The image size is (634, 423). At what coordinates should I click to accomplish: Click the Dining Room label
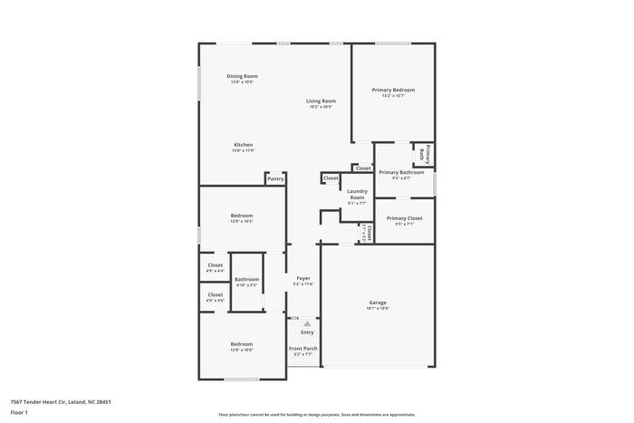click(x=242, y=76)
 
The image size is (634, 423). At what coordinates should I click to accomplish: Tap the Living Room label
click(x=320, y=101)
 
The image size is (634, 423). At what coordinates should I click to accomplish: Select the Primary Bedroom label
click(x=393, y=90)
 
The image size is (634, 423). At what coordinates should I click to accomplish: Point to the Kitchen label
click(x=243, y=145)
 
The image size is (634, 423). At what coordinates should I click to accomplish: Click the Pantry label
click(x=275, y=178)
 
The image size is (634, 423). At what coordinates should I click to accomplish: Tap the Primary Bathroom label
click(x=401, y=172)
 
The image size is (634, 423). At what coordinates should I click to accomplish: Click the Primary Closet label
click(x=405, y=218)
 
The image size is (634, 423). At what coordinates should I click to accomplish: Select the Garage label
click(x=378, y=302)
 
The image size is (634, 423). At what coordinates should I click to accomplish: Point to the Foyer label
click(x=303, y=278)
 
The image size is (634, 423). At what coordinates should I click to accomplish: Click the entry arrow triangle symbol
click(x=306, y=322)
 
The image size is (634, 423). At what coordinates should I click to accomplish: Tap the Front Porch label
click(x=303, y=349)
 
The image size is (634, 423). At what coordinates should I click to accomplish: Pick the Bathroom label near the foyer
click(x=246, y=279)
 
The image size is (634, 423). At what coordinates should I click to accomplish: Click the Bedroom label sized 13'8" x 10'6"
click(x=241, y=344)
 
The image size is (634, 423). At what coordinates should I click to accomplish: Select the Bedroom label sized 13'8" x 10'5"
click(x=241, y=215)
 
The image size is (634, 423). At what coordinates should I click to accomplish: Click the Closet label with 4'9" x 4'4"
click(x=216, y=265)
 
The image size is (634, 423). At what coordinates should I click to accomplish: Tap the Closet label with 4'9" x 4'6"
click(x=216, y=294)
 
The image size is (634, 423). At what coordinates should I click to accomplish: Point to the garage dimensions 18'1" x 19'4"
click(x=378, y=308)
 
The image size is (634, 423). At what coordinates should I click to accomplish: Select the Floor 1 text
click(x=19, y=412)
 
